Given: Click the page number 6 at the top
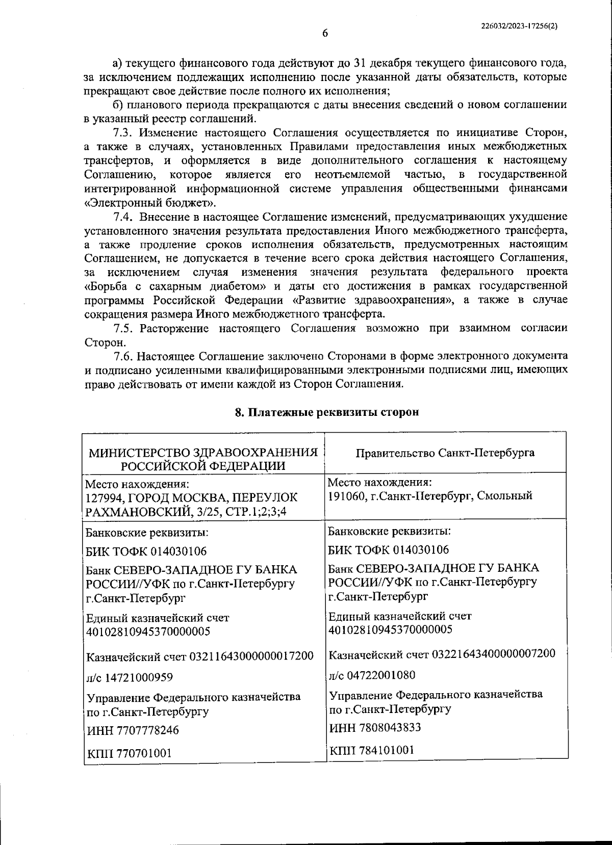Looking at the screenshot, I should (325, 34).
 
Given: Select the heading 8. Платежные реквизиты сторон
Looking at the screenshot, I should (326, 412).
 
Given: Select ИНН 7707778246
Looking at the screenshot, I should (133, 730).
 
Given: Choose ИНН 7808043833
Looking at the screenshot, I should (375, 727).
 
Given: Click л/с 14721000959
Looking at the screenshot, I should (130, 677).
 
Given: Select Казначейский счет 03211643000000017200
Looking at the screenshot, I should (199, 656).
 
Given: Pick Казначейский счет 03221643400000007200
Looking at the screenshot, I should (442, 654).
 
